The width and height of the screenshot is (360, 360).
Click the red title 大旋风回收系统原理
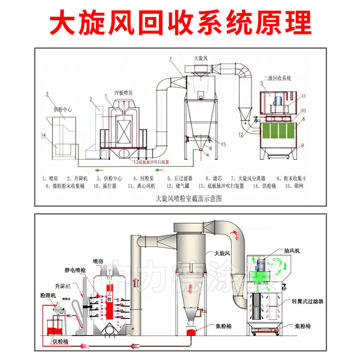pyautogui.click(x=180, y=21)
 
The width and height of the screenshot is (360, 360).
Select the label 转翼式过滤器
pyautogui.click(x=308, y=301)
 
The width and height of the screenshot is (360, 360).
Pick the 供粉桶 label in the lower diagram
pyautogui.click(x=59, y=341)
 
